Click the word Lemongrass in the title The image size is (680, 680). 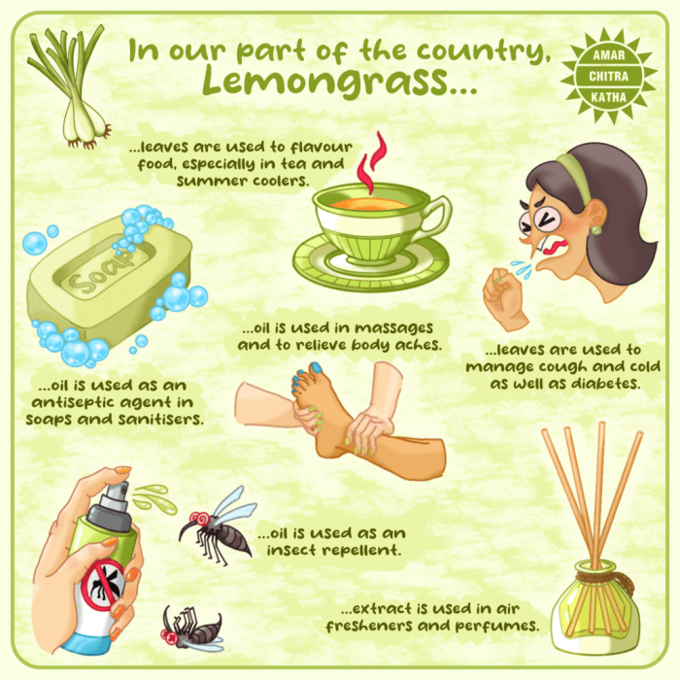(326, 81)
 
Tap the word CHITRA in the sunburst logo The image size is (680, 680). (608, 77)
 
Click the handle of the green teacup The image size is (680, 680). (438, 216)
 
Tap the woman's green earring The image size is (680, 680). (595, 229)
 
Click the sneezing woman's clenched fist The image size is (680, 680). (504, 298)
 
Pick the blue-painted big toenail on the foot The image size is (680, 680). (316, 368)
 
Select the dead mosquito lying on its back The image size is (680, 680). (191, 629)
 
